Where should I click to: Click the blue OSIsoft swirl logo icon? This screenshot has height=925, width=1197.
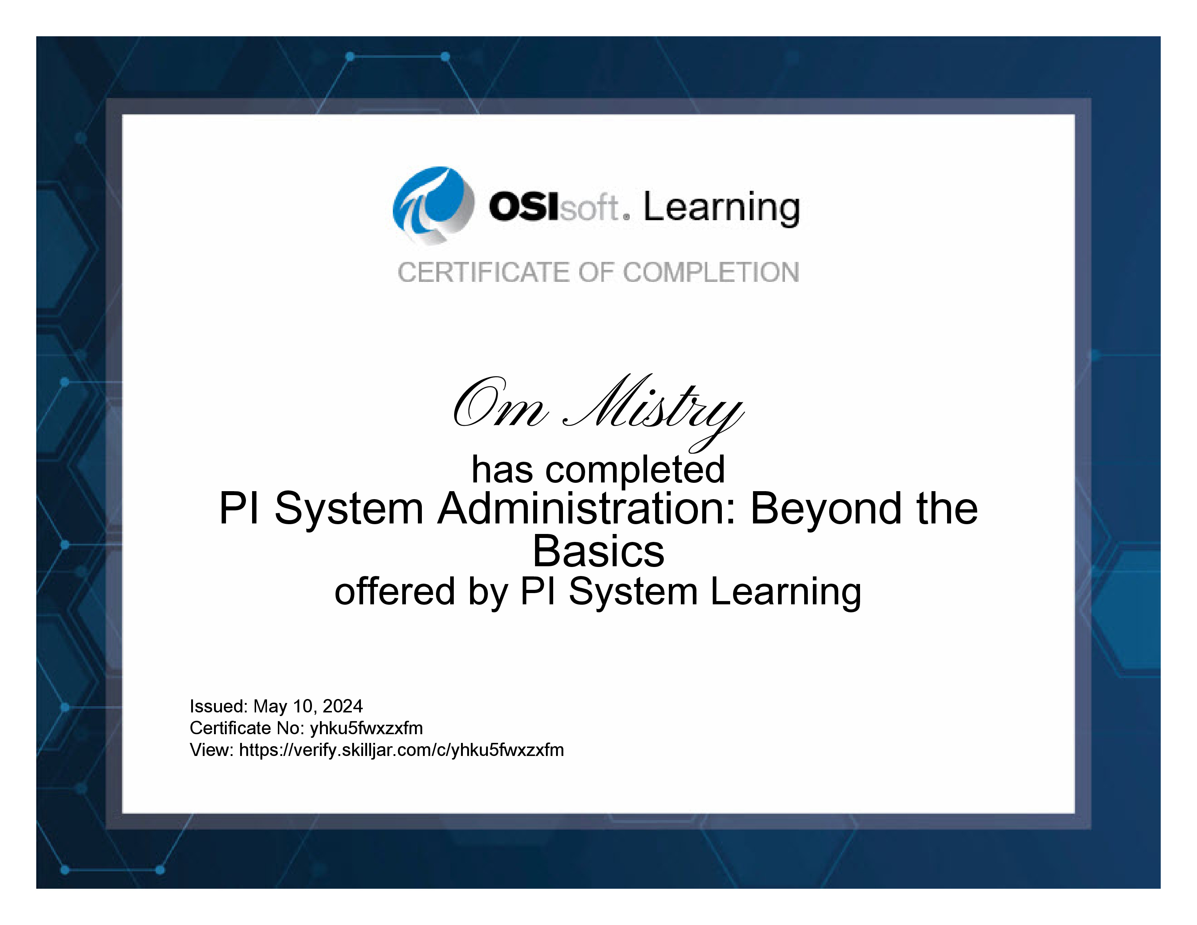(433, 205)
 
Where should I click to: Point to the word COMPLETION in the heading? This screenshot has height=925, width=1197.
(711, 272)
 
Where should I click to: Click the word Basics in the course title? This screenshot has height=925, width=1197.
(598, 551)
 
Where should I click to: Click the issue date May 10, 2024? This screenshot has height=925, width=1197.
(308, 706)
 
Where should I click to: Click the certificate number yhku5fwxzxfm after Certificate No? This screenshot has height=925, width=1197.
(366, 728)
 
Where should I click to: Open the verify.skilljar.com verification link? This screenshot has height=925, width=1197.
(401, 750)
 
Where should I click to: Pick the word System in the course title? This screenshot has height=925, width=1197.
(349, 509)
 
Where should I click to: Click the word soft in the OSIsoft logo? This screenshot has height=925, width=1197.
(589, 208)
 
